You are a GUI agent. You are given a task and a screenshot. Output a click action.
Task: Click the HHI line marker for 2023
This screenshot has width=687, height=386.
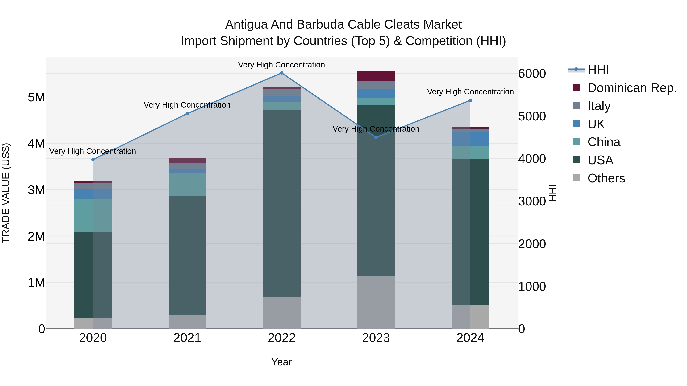(x=376, y=137)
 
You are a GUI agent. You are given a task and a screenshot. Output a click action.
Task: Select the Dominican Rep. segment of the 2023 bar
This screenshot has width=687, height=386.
(x=376, y=76)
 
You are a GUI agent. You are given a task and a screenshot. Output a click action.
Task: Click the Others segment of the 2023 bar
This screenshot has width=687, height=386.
(x=376, y=302)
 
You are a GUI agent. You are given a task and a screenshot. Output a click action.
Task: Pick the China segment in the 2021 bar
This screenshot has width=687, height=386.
(x=187, y=185)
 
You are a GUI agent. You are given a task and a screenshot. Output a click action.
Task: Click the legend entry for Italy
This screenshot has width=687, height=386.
(x=599, y=106)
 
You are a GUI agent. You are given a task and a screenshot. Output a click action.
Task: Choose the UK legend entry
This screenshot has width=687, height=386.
(x=596, y=124)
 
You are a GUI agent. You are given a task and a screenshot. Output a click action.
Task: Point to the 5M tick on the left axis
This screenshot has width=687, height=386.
(x=36, y=97)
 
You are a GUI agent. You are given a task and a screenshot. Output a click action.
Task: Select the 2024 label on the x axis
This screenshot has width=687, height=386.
(x=470, y=338)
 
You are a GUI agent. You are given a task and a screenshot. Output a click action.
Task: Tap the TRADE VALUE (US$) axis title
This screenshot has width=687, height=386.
(x=6, y=193)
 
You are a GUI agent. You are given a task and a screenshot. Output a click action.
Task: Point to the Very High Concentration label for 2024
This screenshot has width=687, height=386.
(x=470, y=92)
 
